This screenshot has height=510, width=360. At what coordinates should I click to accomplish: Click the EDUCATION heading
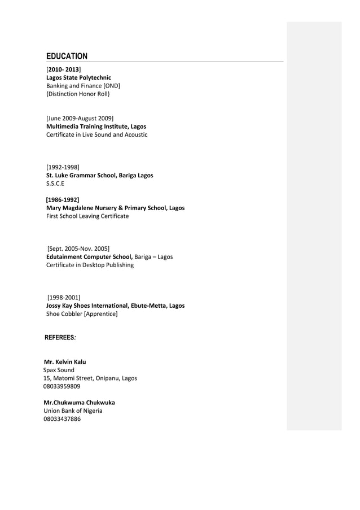(67, 56)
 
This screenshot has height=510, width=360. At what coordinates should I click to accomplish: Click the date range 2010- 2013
(64, 69)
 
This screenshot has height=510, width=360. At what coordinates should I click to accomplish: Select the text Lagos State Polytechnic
(78, 77)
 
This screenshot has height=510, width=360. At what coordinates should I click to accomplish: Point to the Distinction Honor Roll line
(78, 94)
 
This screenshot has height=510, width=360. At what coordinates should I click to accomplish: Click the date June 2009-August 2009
(80, 118)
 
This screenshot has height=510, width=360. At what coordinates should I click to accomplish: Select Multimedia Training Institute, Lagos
(96, 127)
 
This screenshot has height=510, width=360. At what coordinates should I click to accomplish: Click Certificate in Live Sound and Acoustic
(96, 135)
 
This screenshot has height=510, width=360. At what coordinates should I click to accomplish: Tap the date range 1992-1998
(63, 167)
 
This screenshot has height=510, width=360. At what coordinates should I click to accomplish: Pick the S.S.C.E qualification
(55, 184)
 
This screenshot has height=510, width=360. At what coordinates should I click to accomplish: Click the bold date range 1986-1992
(63, 199)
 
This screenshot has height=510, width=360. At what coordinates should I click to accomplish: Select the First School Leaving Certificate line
(87, 216)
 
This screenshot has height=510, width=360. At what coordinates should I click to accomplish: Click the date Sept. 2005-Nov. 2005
(78, 249)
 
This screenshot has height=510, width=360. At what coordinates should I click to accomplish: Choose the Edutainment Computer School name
(89, 257)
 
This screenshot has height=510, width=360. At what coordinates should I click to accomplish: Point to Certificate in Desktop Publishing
(90, 265)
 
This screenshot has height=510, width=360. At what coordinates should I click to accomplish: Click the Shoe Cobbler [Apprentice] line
(82, 314)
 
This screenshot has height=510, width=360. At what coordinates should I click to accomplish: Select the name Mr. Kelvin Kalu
(65, 361)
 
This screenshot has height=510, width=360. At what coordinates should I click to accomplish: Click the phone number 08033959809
(62, 387)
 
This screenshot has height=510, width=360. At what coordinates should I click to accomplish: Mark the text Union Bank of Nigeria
(73, 411)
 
